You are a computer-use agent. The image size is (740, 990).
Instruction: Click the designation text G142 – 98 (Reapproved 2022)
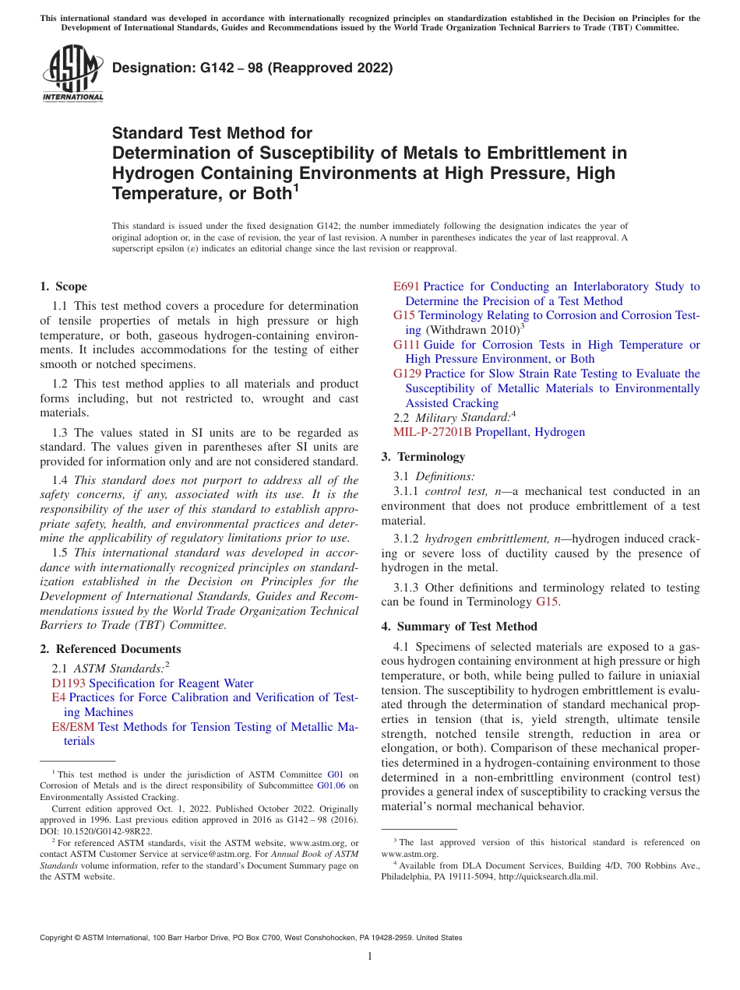click(x=252, y=68)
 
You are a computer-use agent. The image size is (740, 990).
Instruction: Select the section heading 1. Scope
click(x=64, y=286)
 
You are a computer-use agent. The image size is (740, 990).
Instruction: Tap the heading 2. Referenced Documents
click(x=111, y=649)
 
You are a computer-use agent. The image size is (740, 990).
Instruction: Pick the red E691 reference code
click(x=406, y=286)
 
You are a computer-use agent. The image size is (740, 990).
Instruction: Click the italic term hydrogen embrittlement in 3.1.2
click(x=474, y=539)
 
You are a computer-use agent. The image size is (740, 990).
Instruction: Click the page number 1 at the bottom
click(x=370, y=956)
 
